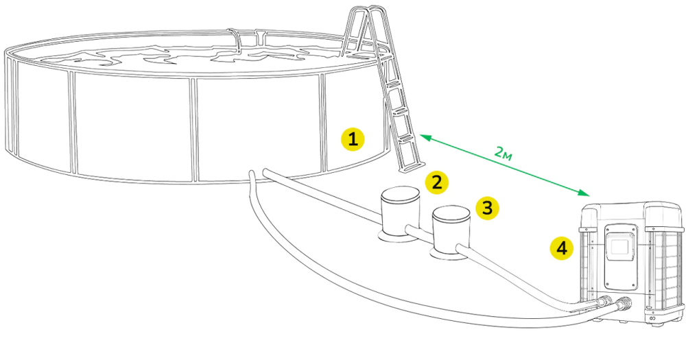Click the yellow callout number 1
(353, 139)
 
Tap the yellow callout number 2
(436, 182)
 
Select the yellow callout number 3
(487, 207)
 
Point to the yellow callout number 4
(562, 248)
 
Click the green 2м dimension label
(503, 153)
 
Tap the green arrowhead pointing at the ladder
(425, 139)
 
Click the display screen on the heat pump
(620, 246)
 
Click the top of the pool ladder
(366, 11)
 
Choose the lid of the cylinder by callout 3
(451, 213)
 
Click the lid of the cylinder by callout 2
(400, 195)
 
